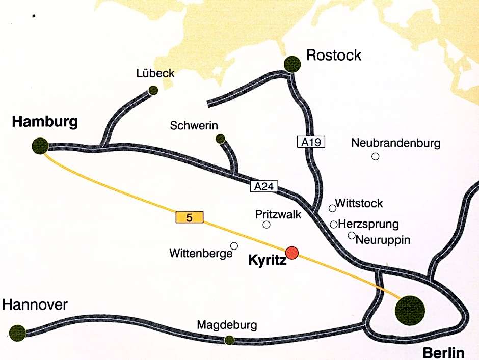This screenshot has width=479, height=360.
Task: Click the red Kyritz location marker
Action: pos(292,252)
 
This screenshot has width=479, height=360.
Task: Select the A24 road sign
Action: pos(264,187)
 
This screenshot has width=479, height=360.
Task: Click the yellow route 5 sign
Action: pos(190,218)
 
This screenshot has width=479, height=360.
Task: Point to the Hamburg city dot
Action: pos(40,146)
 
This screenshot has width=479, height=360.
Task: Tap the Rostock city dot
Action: pos(292,64)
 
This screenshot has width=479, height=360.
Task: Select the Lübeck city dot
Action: pos(153,91)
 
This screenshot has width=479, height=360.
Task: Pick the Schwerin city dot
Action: pos(220,138)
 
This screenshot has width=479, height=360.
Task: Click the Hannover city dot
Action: pos(17,333)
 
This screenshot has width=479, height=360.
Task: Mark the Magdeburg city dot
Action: pos(229,340)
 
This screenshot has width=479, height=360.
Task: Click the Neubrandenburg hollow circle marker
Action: pos(376,156)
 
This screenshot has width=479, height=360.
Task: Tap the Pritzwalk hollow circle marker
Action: pos(266,225)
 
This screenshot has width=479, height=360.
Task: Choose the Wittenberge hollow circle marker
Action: pos(234,246)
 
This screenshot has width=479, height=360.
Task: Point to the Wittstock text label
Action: pos(359,204)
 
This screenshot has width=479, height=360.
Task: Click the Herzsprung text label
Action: pos(368,224)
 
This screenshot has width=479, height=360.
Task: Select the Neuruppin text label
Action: pos(383,239)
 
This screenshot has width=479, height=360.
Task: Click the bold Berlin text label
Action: pos(443,353)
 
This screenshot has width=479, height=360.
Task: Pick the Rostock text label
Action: pos(334,54)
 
